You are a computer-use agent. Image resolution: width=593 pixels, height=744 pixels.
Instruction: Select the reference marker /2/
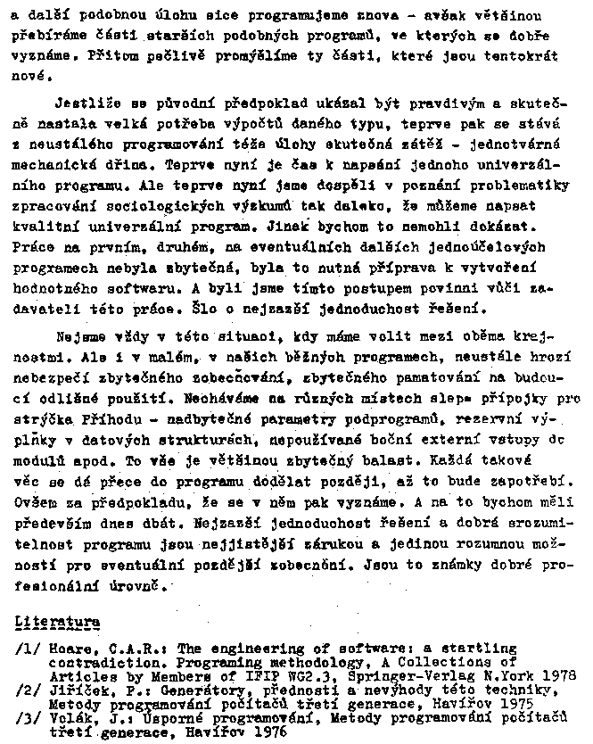pyautogui.click(x=28, y=690)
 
